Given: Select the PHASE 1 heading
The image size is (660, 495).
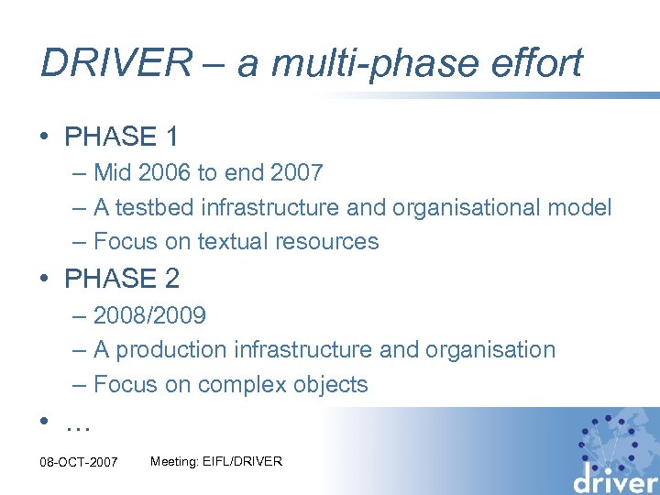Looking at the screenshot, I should tap(122, 137).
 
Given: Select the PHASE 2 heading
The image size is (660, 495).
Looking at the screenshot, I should tap(122, 279).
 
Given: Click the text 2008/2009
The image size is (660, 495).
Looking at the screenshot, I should tap(149, 316).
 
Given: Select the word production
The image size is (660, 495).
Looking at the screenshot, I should tap(172, 350).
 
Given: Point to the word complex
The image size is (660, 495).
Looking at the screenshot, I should tap(239, 385).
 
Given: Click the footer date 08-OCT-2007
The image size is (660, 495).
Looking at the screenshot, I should tap(79, 462).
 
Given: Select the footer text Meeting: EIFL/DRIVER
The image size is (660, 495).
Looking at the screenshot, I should tap(215, 461).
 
